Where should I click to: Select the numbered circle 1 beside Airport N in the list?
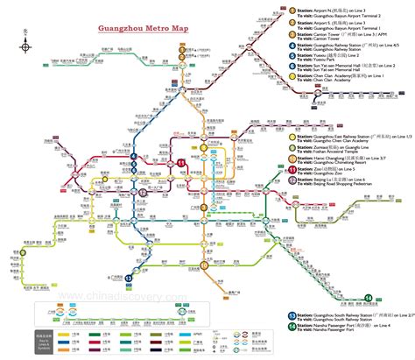click(x=267, y=11)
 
